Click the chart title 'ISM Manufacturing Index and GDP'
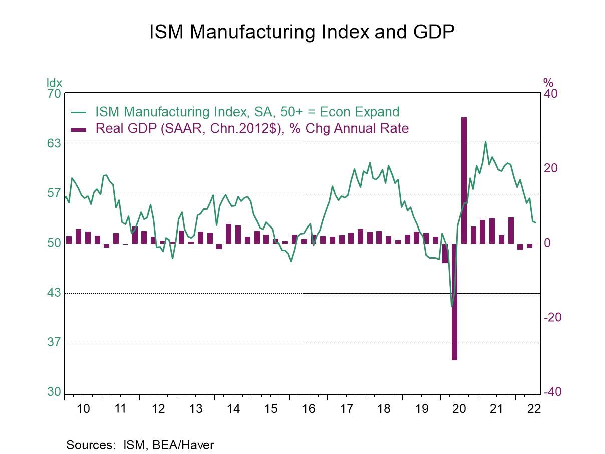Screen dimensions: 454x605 [302, 32]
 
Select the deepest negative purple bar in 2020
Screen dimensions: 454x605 [455, 301]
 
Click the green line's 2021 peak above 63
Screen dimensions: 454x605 [485, 142]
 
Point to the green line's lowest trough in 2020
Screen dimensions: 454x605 [451, 306]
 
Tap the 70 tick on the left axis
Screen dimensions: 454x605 [54, 94]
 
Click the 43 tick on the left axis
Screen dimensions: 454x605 [54, 293]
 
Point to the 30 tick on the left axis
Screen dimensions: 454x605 [54, 392]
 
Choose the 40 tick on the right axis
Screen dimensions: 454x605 [551, 94]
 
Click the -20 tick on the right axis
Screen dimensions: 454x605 [553, 318]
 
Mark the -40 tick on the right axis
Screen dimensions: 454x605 [553, 392]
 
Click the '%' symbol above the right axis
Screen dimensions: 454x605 [548, 83]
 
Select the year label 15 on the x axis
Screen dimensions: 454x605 [271, 409]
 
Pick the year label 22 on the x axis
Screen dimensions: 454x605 [534, 409]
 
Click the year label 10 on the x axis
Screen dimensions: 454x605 [83, 409]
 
